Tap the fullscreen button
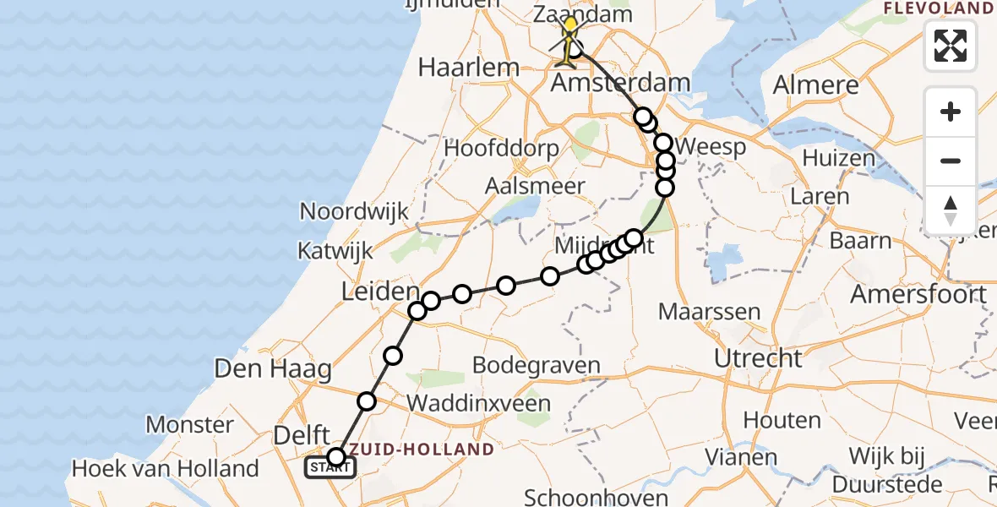coord(951,46)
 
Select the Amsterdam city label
coord(621,83)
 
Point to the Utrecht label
coord(758,357)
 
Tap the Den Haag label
coord(272,368)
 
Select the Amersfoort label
coord(918,294)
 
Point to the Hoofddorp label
coord(501,149)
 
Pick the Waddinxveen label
coord(478,403)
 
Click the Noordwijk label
coord(353,211)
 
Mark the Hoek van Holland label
coord(166,467)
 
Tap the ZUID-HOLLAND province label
coord(422,449)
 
